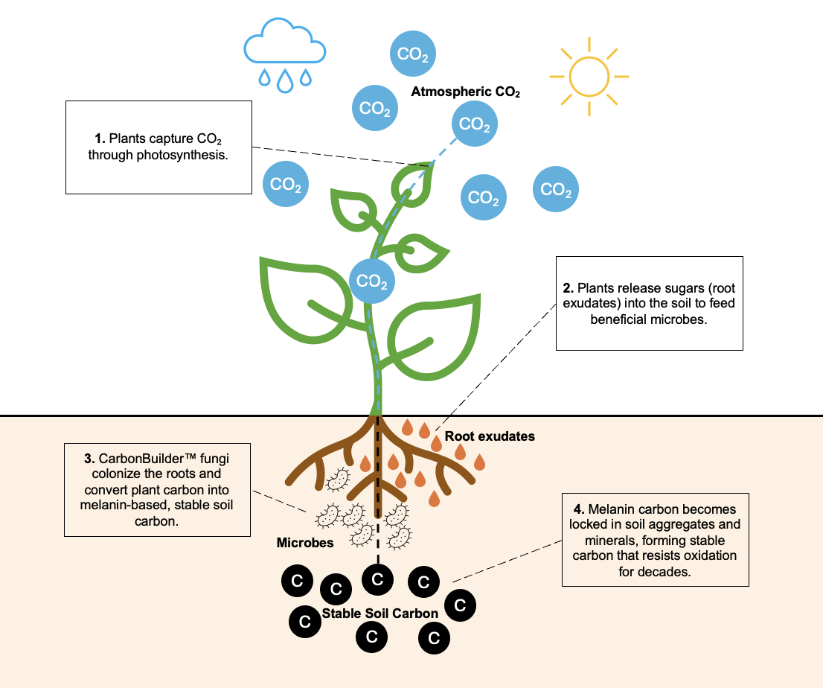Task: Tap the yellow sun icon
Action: click(589, 76)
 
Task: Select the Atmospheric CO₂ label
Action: click(465, 92)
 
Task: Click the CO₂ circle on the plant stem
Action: click(371, 281)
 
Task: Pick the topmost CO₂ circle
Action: click(413, 54)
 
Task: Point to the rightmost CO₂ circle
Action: click(556, 190)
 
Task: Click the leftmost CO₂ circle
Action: click(285, 184)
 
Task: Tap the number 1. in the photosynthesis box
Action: click(101, 139)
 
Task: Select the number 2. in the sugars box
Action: click(569, 287)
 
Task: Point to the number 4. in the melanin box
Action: click(580, 509)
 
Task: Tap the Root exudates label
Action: click(490, 436)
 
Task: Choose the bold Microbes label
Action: click(305, 542)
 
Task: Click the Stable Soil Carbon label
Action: click(380, 614)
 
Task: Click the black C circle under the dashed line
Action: click(377, 579)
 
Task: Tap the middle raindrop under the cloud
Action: click(284, 81)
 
